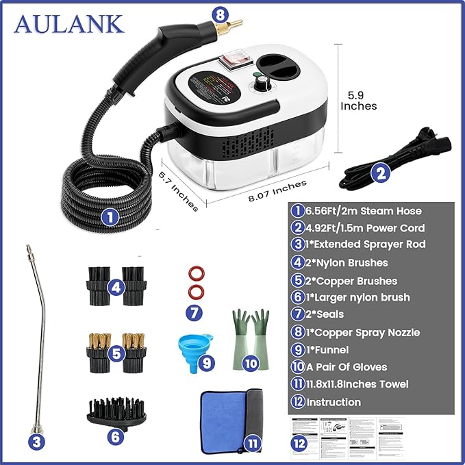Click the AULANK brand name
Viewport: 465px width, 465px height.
pos(69,23)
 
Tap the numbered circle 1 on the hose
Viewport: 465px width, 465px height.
pos(110,218)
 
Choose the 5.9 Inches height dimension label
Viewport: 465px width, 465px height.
pos(359,100)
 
